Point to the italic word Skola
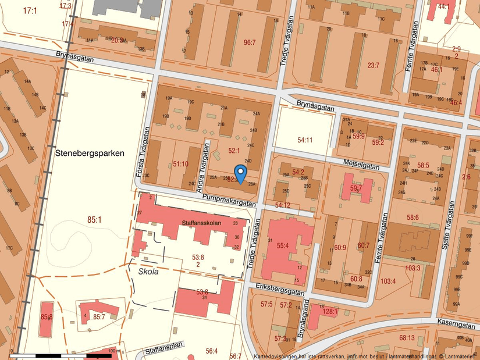click(x=148, y=272)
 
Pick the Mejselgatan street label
click(x=361, y=163)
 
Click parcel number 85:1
click(x=94, y=220)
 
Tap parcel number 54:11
click(x=305, y=140)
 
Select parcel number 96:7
click(x=250, y=42)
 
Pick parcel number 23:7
click(x=373, y=66)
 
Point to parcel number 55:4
click(x=283, y=246)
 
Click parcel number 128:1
click(x=330, y=312)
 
